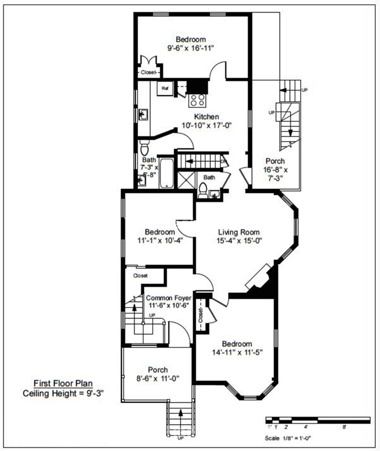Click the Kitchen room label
206,117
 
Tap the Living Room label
239,232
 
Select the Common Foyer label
166,298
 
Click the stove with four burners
197,100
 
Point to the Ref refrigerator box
164,89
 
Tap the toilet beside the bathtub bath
145,148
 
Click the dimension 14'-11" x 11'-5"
237,353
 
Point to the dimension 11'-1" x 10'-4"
160,241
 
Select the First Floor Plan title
63,383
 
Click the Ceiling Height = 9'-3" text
63,393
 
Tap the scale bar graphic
318,420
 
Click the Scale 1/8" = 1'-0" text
288,438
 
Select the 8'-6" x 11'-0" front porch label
158,378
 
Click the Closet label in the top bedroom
148,72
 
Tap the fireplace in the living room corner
261,278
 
